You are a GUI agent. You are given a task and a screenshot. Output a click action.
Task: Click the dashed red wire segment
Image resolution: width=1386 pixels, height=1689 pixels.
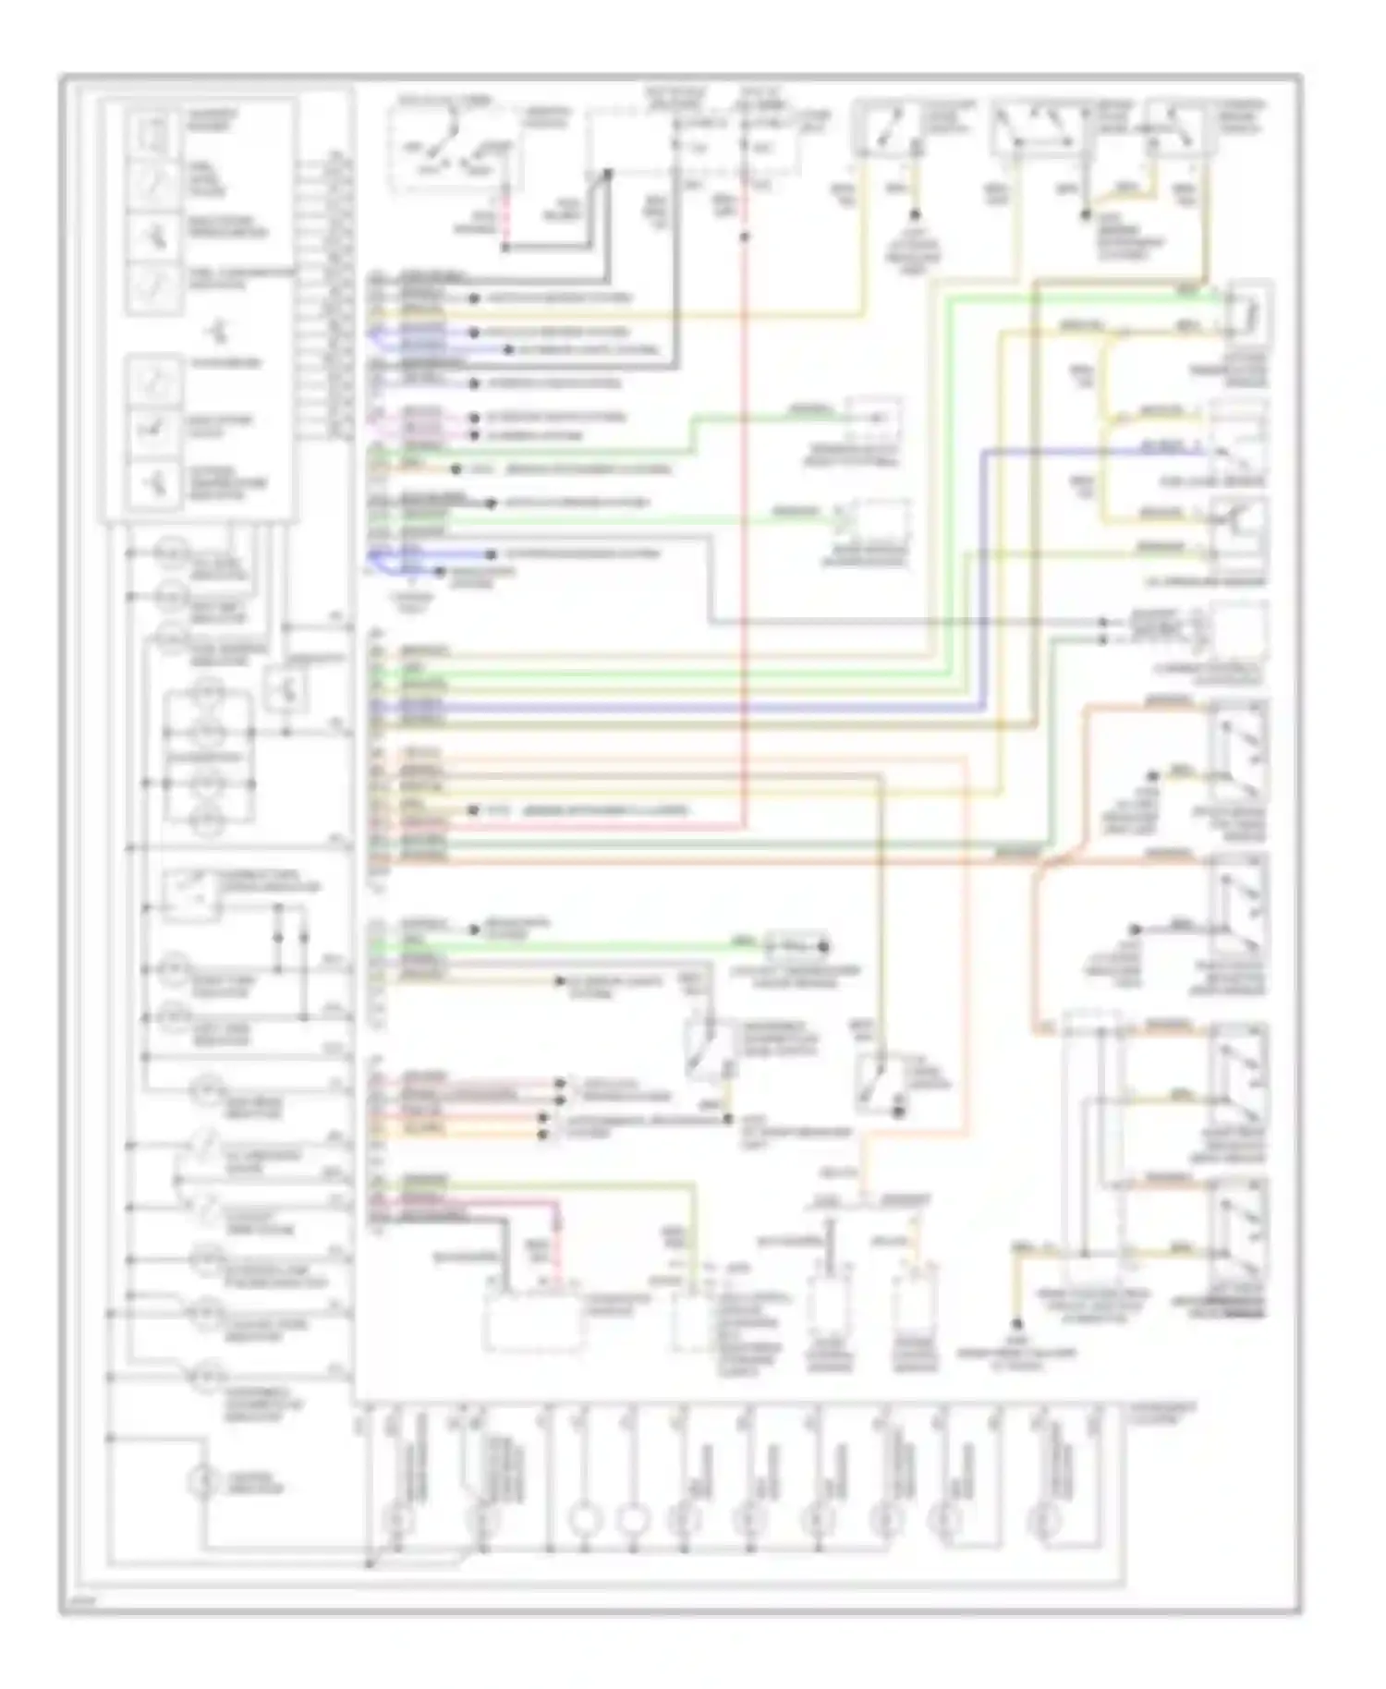pyautogui.click(x=505, y=217)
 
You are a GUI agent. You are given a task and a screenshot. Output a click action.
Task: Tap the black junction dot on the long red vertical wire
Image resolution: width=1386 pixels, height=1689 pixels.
pyautogui.click(x=745, y=237)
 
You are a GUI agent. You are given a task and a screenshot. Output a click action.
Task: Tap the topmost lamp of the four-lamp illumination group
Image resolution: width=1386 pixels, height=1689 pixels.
pyautogui.click(x=208, y=689)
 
